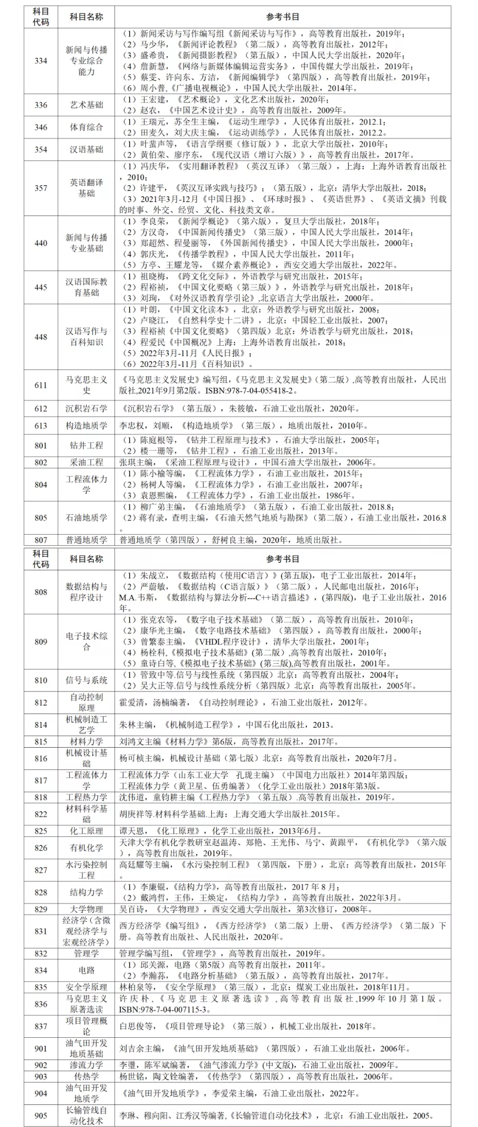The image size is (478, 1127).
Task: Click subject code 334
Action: click(x=41, y=61)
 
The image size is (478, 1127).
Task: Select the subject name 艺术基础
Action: click(x=87, y=105)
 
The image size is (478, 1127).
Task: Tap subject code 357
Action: click(x=41, y=188)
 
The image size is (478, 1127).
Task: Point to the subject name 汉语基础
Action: click(x=87, y=150)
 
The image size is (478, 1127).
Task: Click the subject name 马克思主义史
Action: click(x=87, y=385)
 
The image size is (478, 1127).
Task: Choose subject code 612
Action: click(x=41, y=409)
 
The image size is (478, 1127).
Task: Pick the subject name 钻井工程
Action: click(x=87, y=445)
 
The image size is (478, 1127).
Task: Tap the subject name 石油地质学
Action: click(x=87, y=518)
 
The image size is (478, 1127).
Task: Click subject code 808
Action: click(x=41, y=592)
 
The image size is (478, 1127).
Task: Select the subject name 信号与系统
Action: click(x=87, y=680)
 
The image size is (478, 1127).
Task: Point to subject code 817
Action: click(x=41, y=780)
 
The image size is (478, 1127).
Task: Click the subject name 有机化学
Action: click(x=87, y=847)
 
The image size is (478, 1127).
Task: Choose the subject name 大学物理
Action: click(x=87, y=909)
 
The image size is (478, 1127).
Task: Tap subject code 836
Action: click(x=41, y=1004)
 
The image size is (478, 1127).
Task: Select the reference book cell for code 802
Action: click(x=283, y=462)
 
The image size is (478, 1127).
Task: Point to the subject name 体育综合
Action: click(x=87, y=127)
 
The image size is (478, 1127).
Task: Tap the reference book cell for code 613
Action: click(x=283, y=426)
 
